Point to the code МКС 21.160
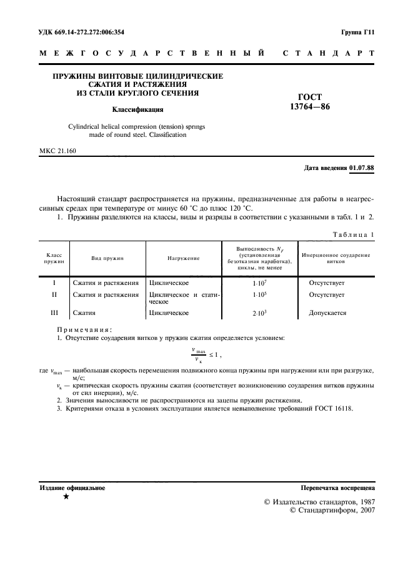pos(58,152)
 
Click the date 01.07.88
pos(362,168)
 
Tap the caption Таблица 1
pos(353,234)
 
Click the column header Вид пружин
pos(108,257)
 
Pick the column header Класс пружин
pos(54,257)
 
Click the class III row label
pos(54,312)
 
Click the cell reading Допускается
pos(327,312)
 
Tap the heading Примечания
pos(84,329)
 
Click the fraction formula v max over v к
pos(199,355)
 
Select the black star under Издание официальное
pos(66,497)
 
